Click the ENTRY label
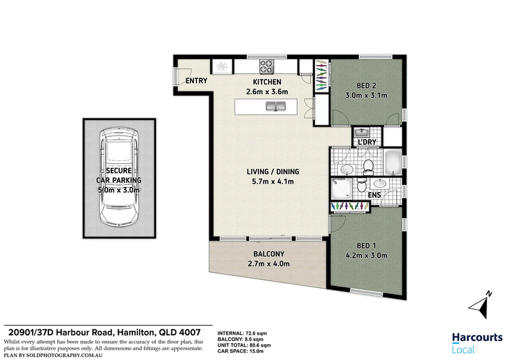pyautogui.click(x=196, y=81)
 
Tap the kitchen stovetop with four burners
pyautogui.click(x=267, y=67)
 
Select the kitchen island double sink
pyautogui.click(x=276, y=106)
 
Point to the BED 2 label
pyautogui.click(x=366, y=86)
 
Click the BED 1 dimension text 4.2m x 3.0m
pyautogui.click(x=366, y=256)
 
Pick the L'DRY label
pyautogui.click(x=367, y=142)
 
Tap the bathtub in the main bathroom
pyautogui.click(x=393, y=163)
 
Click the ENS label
pyautogui.click(x=374, y=195)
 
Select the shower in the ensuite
pyautogui.click(x=341, y=189)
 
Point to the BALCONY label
pyautogui.click(x=268, y=254)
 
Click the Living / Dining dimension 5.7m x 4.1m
pyautogui.click(x=273, y=182)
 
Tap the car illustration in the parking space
pyautogui.click(x=119, y=177)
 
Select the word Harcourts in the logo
pyautogui.click(x=477, y=338)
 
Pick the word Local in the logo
pyautogui.click(x=463, y=350)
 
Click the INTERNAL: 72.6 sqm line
pyautogui.click(x=242, y=333)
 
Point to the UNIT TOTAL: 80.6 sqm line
pyautogui.click(x=244, y=345)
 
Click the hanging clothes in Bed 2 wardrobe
pyautogui.click(x=321, y=74)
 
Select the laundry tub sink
pyautogui.click(x=360, y=132)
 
